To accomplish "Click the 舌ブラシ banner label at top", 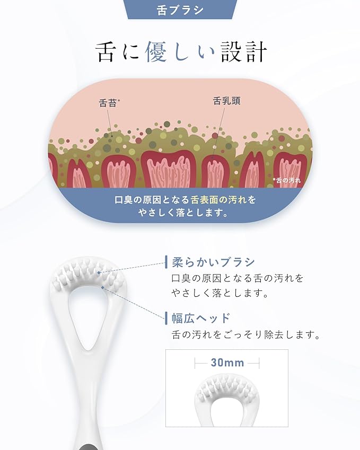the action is (x=180, y=10).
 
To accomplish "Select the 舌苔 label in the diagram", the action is (x=109, y=103).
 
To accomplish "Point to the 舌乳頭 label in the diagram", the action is (x=227, y=101).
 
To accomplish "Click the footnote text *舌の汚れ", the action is (x=286, y=180).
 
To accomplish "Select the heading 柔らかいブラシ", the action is (x=213, y=262).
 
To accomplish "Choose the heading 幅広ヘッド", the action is (x=201, y=318).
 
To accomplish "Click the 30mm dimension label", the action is (x=227, y=363).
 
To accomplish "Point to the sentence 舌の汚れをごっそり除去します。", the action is (x=245, y=334).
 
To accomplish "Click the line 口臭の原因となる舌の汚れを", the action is (x=238, y=278).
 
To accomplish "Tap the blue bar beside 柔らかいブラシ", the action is (x=166, y=262).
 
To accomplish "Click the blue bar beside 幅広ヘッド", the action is (x=166, y=318).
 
